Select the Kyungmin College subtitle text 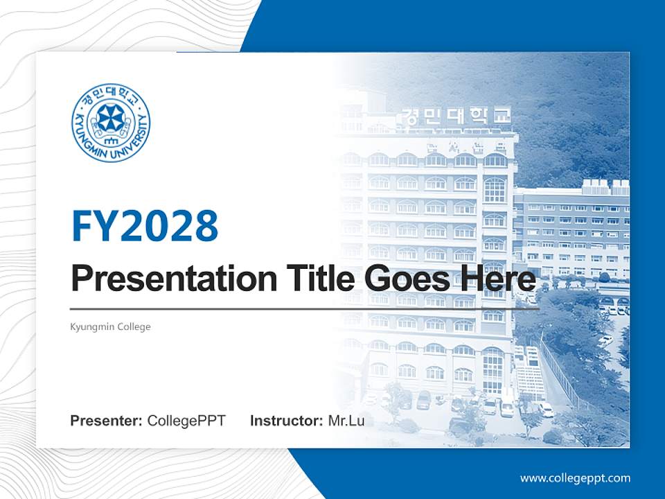click(111, 326)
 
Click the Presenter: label click(107, 421)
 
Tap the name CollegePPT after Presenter click(186, 421)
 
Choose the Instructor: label click(286, 421)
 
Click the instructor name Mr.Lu click(346, 421)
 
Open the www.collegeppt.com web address click(575, 478)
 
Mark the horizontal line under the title click(305, 308)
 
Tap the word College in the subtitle click(134, 326)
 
